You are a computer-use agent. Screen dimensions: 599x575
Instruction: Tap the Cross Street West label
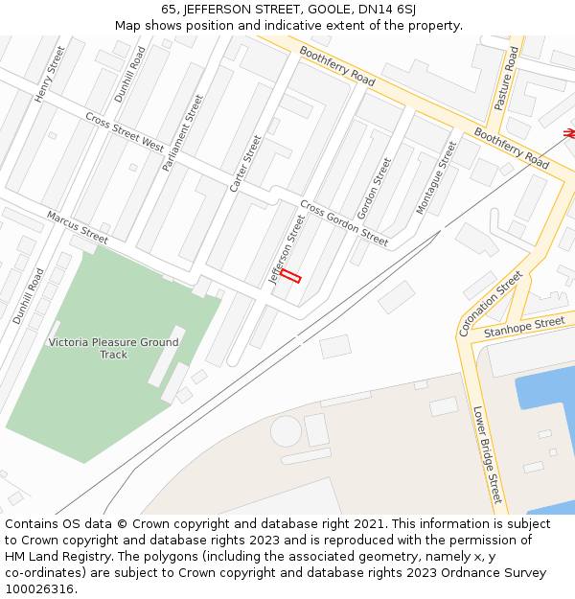pyautogui.click(x=125, y=132)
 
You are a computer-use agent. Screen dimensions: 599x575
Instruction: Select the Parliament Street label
pyautogui.click(x=183, y=132)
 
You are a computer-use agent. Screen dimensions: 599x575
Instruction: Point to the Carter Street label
pyautogui.click(x=245, y=163)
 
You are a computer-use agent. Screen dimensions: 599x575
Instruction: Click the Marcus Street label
pyautogui.click(x=78, y=227)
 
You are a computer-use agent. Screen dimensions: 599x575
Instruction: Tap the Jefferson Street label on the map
pyautogui.click(x=287, y=250)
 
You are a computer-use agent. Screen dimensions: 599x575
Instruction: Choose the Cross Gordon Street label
pyautogui.click(x=344, y=223)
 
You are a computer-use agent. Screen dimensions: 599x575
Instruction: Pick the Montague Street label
pyautogui.click(x=436, y=177)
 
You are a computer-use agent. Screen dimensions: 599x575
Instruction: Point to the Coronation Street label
pyautogui.click(x=491, y=303)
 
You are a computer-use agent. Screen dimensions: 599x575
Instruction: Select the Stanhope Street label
pyautogui.click(x=524, y=328)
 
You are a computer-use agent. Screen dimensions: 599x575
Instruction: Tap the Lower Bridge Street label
pyautogui.click(x=487, y=454)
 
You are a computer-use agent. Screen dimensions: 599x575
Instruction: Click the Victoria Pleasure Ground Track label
pyautogui.click(x=113, y=348)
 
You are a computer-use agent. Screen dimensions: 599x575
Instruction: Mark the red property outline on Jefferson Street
pyautogui.click(x=290, y=276)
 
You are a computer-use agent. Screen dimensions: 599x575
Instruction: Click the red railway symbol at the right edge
pyautogui.click(x=569, y=133)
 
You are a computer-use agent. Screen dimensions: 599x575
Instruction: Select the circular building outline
pyautogui.click(x=286, y=431)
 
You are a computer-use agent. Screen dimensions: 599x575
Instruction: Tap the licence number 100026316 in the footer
pyautogui.click(x=39, y=588)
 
